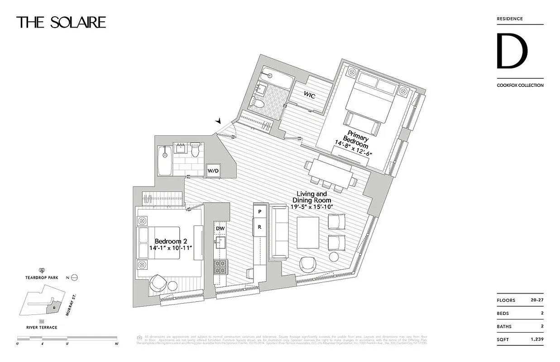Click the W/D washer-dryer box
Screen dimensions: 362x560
(213, 171)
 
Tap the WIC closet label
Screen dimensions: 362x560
(310, 96)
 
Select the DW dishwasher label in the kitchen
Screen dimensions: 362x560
(220, 229)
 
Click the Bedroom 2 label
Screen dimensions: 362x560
(168, 242)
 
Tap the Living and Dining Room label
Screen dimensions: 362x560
(311, 197)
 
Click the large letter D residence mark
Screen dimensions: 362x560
(512, 51)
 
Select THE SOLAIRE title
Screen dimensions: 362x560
(61, 22)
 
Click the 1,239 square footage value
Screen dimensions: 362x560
(535, 339)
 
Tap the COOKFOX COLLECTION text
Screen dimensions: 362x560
(520, 85)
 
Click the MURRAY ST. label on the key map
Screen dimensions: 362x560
(69, 306)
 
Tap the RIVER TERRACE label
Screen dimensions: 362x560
(41, 327)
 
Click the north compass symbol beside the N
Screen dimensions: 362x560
(75, 277)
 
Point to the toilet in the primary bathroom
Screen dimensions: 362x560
(258, 103)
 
